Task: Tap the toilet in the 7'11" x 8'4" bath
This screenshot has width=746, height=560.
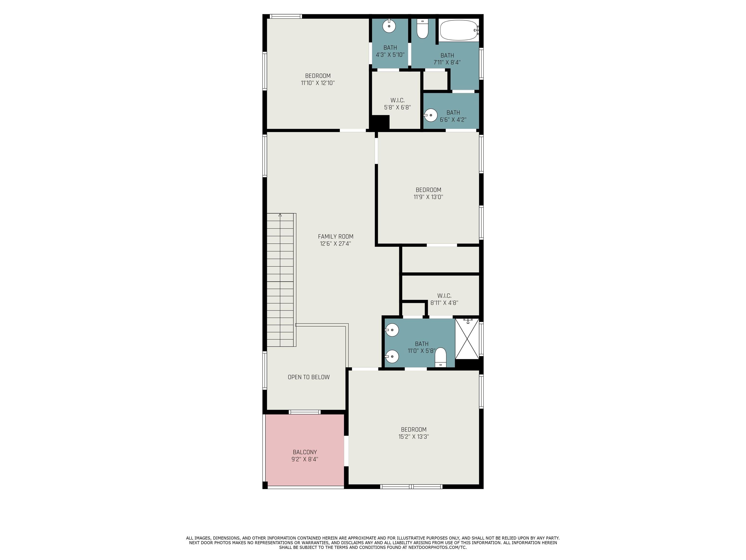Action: [422, 28]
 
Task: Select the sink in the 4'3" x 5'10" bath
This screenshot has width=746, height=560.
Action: [389, 26]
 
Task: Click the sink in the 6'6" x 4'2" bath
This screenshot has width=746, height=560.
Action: [431, 115]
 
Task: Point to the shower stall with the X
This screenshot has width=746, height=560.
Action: [467, 339]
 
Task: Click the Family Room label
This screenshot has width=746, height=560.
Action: [336, 237]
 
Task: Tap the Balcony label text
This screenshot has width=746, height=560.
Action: [305, 452]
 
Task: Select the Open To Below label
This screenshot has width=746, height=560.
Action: [309, 377]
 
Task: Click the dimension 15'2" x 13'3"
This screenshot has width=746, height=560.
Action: [414, 437]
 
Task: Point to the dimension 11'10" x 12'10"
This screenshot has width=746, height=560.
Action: [318, 83]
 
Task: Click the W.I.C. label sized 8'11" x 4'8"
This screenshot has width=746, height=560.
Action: [444, 296]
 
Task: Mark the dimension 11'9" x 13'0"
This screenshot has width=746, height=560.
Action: [428, 197]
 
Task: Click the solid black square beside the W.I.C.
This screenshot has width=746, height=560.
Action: [380, 122]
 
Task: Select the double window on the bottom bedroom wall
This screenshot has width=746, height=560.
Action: [411, 486]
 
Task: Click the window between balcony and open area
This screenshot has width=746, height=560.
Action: [305, 412]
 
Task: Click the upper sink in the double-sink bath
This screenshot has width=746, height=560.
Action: [392, 330]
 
